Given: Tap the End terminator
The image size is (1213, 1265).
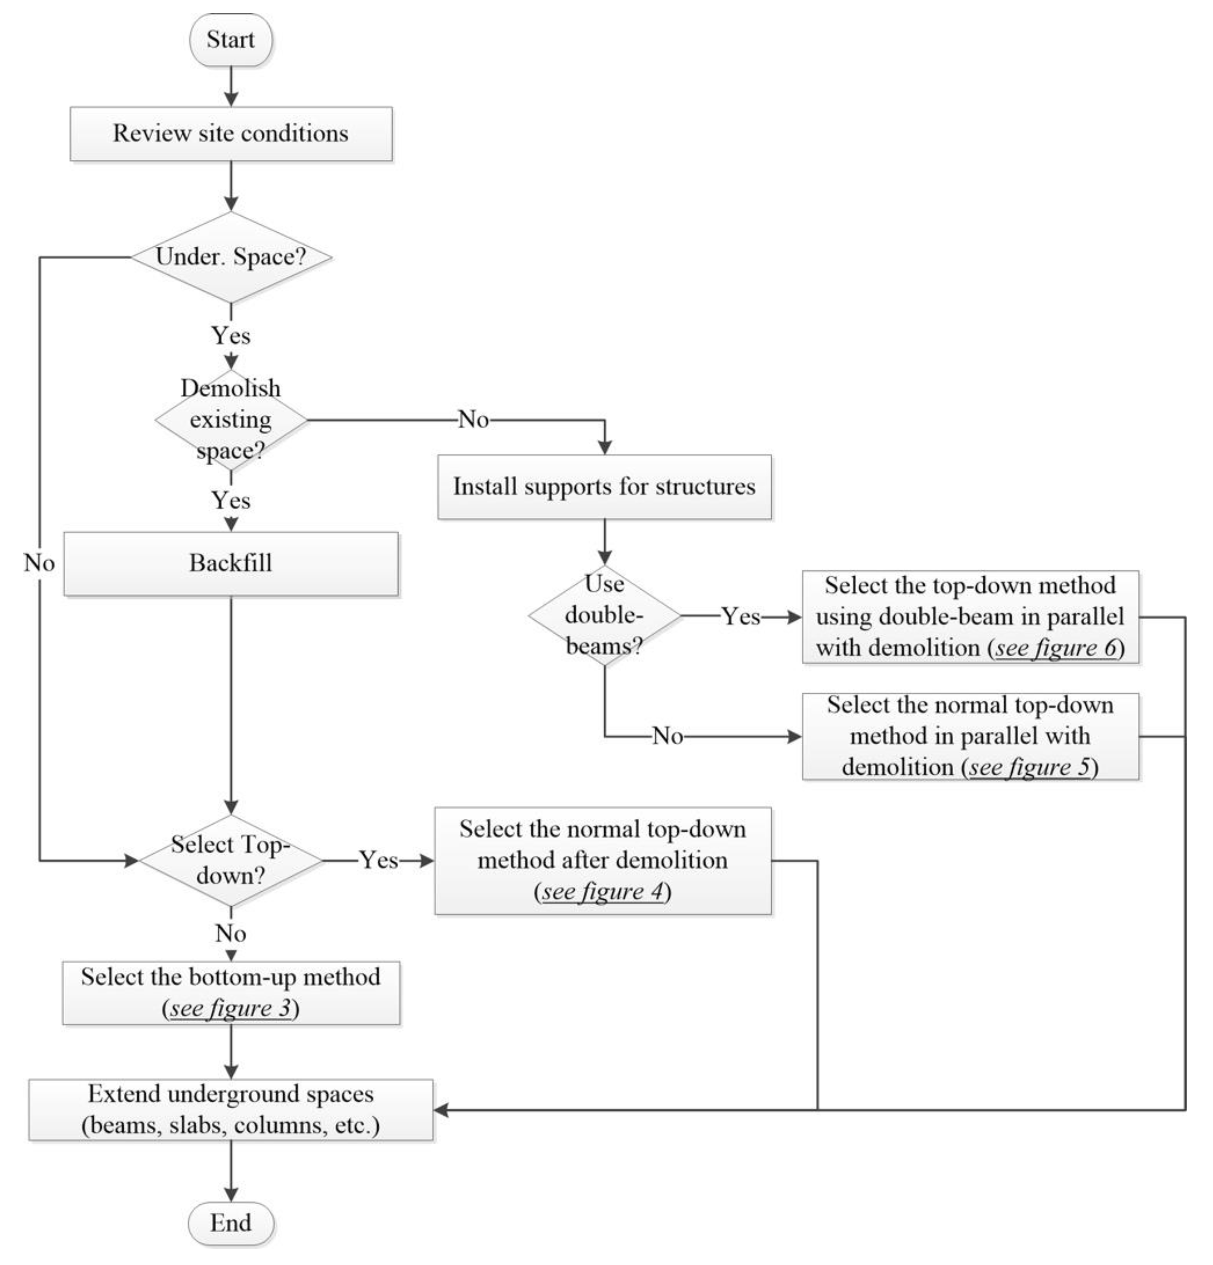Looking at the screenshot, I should click(230, 1223).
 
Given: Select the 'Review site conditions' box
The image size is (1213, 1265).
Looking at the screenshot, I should click(230, 134).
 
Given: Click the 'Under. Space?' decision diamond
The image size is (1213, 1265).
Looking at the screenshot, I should click(230, 257).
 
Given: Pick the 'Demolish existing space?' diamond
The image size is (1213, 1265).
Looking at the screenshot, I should click(230, 420).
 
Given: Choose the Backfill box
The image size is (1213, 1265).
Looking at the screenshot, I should click(230, 563).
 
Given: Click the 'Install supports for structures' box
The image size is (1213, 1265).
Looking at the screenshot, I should click(604, 487).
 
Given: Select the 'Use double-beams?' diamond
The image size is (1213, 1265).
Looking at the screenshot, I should click(604, 615).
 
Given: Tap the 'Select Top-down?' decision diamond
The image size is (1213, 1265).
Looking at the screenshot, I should click(230, 860).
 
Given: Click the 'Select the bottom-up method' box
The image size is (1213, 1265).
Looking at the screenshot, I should click(230, 992).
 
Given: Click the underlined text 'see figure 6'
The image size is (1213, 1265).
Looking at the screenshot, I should click(1056, 647).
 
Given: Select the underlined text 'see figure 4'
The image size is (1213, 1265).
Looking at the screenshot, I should click(602, 891).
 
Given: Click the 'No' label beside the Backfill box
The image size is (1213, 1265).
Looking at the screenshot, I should click(39, 563).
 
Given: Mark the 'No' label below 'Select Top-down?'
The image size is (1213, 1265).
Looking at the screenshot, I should click(230, 933).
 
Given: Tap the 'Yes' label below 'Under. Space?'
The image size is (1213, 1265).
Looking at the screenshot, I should click(230, 336).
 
